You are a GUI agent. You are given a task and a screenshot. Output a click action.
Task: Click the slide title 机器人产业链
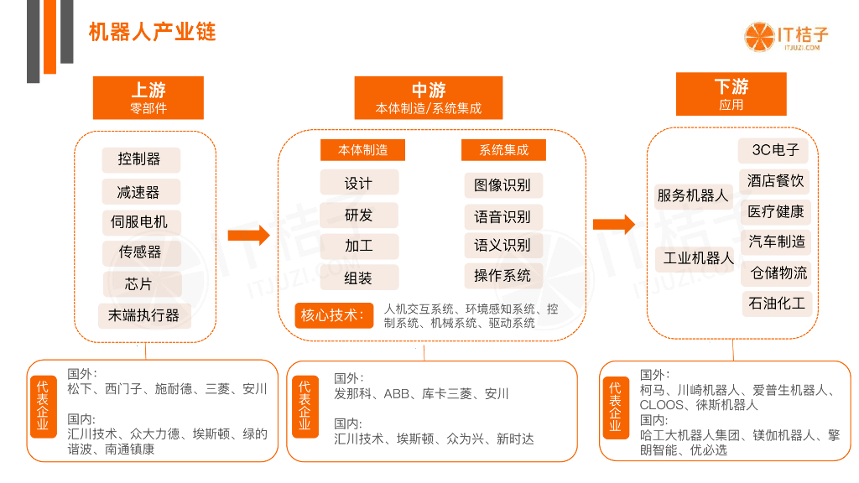tap(152, 32)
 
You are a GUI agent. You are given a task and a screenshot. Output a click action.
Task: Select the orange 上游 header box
tap(148, 97)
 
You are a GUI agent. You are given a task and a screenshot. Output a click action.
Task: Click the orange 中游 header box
tap(428, 97)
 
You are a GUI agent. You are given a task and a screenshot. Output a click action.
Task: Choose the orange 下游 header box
tap(731, 93)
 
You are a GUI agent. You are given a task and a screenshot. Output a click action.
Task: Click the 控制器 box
tap(139, 159)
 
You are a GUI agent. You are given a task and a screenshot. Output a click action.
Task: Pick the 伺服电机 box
tap(139, 222)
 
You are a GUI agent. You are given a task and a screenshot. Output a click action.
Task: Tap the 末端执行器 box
tap(143, 315)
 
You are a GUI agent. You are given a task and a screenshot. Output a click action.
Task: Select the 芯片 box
tap(139, 283)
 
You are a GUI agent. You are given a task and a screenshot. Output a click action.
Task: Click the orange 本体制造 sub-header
tap(362, 150)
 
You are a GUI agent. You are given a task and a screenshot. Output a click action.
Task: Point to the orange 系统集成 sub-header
tap(503, 150)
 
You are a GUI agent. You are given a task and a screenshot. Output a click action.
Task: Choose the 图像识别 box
tap(502, 185)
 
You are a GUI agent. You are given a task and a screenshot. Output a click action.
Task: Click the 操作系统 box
tap(502, 276)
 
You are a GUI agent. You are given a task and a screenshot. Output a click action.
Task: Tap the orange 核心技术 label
tap(333, 315)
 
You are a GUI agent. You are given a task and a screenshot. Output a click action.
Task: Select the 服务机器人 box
tap(693, 195)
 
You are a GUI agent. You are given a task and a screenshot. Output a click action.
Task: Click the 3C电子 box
tap(775, 150)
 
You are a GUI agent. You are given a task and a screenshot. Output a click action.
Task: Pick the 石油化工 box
tap(777, 303)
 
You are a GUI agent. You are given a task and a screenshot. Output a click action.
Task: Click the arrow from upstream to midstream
tap(249, 236)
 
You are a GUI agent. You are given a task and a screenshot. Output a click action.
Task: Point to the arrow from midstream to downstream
tap(614, 224)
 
